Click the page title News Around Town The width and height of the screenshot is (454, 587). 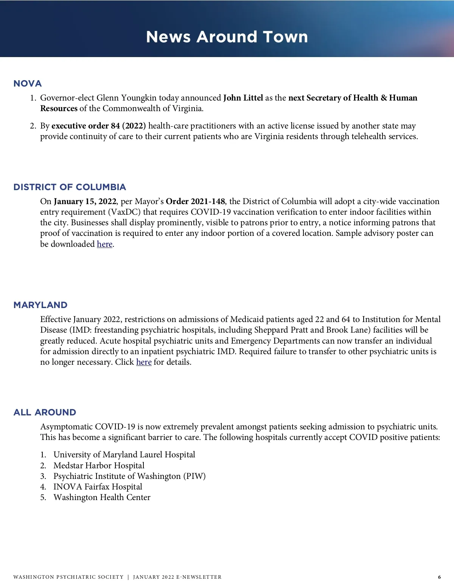[227, 37]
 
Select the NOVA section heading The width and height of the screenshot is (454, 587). [28, 84]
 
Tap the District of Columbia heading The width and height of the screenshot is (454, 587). [70, 187]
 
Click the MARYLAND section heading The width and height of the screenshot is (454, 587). [40, 305]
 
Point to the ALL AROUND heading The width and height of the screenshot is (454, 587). [45, 412]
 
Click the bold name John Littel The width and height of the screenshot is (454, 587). [243, 98]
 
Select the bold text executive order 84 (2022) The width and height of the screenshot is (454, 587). [98, 126]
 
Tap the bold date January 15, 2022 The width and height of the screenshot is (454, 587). [85, 201]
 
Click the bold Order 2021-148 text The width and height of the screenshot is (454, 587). [195, 201]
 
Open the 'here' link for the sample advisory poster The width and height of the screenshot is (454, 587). [104, 244]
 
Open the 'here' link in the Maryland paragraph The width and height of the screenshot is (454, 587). [144, 362]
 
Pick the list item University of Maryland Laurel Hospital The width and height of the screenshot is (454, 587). [124, 455]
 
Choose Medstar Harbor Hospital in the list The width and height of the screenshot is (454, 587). [99, 466]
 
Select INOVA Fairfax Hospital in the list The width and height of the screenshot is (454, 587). [98, 487]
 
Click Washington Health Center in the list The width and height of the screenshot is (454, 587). [102, 497]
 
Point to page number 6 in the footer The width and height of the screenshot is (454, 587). [439, 577]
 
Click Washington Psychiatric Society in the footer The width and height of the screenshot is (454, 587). [68, 577]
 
